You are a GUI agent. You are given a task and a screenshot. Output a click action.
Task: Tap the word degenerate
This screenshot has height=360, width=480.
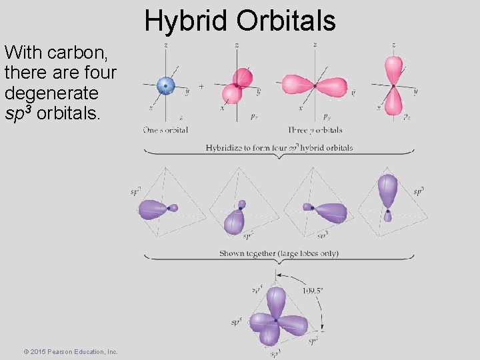pos(51,92)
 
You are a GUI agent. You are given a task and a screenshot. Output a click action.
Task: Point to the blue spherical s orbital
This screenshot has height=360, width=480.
pos(165,85)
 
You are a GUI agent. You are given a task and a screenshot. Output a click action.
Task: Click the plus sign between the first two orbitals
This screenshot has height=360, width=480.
pos(201,86)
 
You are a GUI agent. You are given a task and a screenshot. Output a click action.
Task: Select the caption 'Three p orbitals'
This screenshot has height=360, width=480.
pos(315,130)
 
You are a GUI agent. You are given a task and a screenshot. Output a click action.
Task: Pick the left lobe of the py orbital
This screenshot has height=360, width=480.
pos(297,85)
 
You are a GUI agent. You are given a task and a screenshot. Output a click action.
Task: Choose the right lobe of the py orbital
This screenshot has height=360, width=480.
pos(333,86)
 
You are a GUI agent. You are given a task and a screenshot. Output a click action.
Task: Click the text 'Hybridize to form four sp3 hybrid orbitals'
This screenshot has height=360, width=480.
pos(279,147)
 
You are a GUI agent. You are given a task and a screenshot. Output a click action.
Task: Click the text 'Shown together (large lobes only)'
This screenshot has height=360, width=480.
pos(279,253)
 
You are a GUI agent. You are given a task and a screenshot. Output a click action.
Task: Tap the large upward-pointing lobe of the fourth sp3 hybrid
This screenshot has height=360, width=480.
pos(387,189)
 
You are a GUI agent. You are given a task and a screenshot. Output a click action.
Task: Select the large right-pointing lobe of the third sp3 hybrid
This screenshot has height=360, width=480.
pos(331,212)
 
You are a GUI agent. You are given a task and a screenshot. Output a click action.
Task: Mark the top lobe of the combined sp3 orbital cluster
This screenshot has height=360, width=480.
pos(275,301)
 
